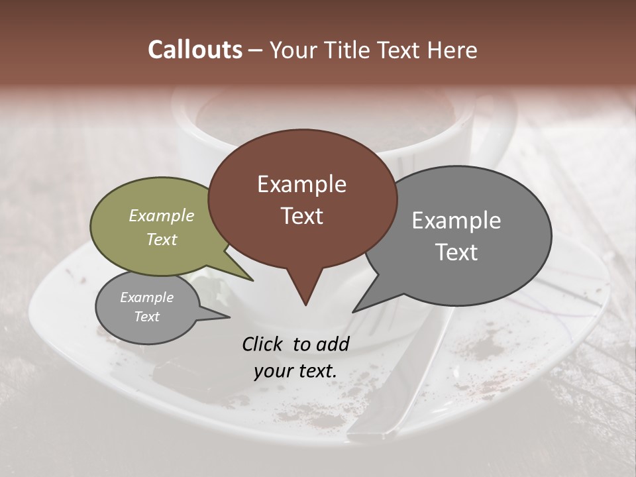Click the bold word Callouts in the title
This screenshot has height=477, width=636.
tap(195, 50)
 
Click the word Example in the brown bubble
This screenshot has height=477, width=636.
tap(301, 184)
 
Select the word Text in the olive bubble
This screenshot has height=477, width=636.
tap(162, 239)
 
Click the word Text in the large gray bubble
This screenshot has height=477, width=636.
tap(456, 252)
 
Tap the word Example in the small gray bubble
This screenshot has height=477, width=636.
tap(146, 297)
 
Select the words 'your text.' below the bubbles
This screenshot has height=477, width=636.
tap(295, 371)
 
